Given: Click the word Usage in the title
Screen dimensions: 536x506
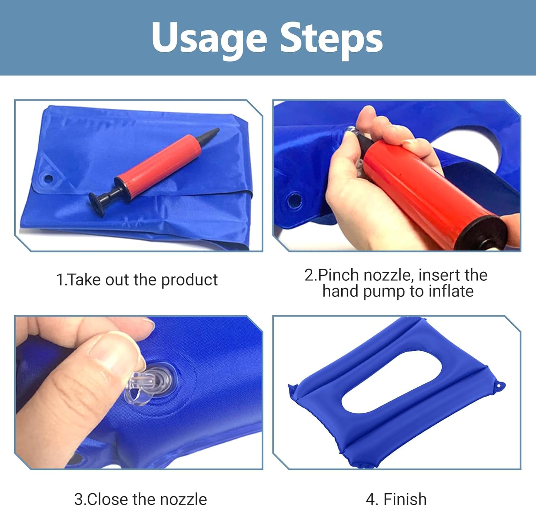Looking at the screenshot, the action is [209, 38].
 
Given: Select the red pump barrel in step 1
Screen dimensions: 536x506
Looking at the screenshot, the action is [158, 165].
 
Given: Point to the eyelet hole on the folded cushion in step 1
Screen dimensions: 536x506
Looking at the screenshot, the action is [48, 178].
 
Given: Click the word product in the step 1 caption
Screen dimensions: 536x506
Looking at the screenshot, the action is [189, 280].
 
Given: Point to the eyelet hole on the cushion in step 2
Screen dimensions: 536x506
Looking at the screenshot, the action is [295, 200].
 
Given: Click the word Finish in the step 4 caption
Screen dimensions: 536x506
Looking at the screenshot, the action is [405, 499].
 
